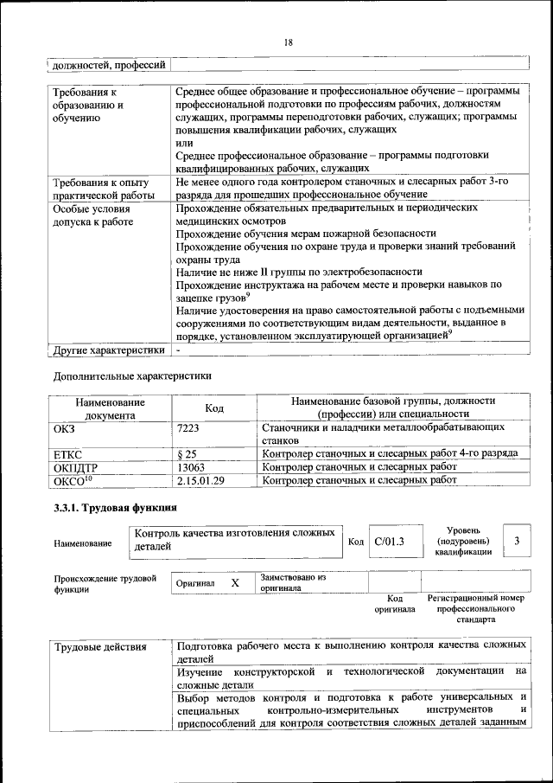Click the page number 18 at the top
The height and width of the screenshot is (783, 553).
(x=288, y=42)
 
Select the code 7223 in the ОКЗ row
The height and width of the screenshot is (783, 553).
(x=189, y=427)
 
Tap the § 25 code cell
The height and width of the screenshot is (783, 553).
(x=187, y=453)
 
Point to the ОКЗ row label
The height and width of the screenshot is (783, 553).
(x=65, y=427)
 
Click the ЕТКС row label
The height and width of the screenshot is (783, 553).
(x=68, y=453)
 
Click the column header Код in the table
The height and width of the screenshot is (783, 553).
(x=214, y=408)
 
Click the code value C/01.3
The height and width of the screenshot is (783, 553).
(x=390, y=542)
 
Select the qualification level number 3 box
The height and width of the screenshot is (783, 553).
(x=516, y=541)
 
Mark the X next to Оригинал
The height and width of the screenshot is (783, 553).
(x=234, y=582)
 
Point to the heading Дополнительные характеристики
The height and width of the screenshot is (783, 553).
(x=132, y=376)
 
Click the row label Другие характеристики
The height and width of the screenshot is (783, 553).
(x=108, y=351)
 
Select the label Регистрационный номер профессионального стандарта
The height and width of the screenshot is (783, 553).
(x=476, y=609)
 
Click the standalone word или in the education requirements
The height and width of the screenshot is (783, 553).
(x=183, y=142)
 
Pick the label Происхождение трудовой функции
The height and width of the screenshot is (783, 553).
(x=105, y=583)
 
